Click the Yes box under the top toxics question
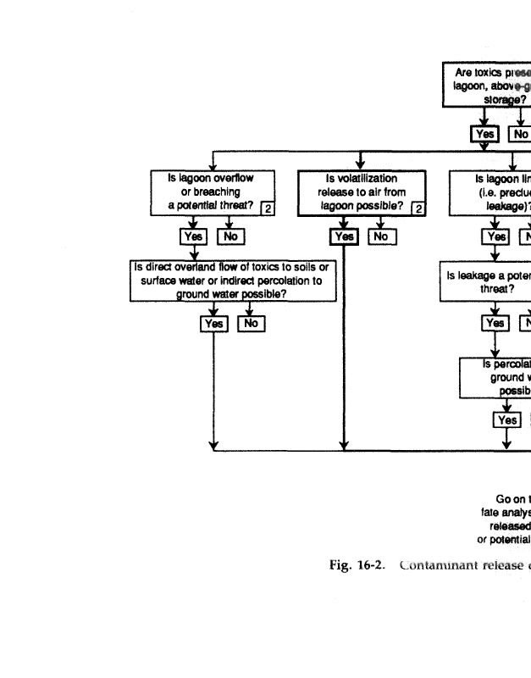click(484, 134)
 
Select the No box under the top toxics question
click(519, 134)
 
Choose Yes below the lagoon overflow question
click(193, 236)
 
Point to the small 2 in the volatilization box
click(417, 208)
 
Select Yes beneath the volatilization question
click(345, 236)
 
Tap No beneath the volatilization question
click(380, 236)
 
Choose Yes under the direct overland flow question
click(213, 323)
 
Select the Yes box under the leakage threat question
click(495, 323)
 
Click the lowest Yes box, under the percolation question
click(506, 420)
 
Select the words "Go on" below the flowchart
click(506, 499)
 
